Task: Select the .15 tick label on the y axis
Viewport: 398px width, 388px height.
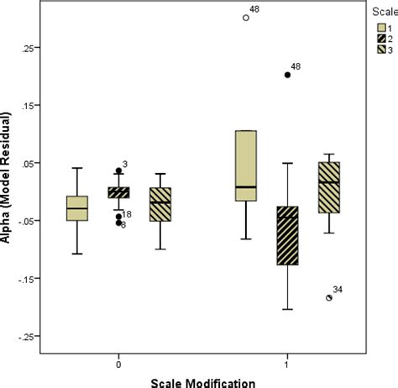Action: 29,106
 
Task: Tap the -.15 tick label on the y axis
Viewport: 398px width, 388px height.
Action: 27,279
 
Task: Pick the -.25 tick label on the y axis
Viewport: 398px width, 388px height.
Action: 27,337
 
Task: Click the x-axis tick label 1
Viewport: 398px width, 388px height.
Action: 287,365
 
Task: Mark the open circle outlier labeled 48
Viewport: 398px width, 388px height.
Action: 246,17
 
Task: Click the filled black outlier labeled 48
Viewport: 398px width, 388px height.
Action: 287,75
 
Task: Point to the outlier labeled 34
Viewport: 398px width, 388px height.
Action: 329,297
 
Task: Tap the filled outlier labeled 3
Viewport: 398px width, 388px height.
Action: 119,170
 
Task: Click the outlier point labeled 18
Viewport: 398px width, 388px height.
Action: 119,216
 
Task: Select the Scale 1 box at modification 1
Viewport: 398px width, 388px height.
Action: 246,165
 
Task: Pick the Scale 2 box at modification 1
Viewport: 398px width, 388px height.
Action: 287,235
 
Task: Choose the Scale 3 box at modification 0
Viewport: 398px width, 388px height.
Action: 160,204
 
